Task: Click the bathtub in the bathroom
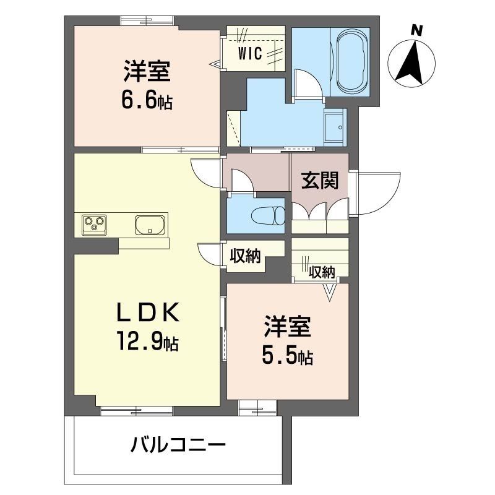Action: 351,61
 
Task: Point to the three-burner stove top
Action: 95,223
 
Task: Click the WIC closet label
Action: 252,53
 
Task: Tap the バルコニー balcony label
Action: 178,444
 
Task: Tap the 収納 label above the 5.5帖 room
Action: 322,271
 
